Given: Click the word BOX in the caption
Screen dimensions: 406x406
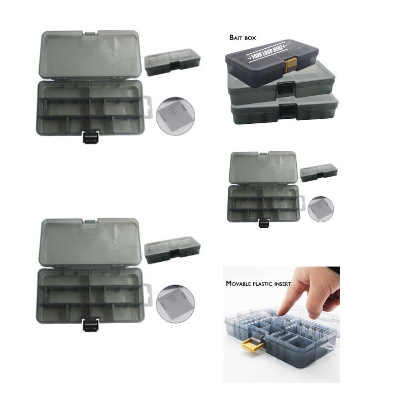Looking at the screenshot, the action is [x=250, y=38].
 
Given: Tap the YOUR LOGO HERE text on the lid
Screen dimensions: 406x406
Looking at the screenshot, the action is [x=266, y=53].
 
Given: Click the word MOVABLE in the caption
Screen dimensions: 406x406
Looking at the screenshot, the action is [x=239, y=284].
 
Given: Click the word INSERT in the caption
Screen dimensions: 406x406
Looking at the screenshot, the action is [x=282, y=284].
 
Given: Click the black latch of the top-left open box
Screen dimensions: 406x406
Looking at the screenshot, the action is [x=91, y=136].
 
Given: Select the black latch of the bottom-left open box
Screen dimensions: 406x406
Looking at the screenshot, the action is [x=91, y=324].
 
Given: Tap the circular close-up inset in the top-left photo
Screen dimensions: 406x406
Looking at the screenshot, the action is [x=176, y=117].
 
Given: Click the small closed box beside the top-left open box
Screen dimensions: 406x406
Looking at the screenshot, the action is [x=173, y=62].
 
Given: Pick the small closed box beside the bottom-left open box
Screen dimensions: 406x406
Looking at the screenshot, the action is [x=173, y=250].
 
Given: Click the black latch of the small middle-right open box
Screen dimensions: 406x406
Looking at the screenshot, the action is [x=263, y=223].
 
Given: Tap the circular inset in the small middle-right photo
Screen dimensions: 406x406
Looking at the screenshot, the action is [x=321, y=209].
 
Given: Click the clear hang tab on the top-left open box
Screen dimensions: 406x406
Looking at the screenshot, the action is [x=147, y=108].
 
